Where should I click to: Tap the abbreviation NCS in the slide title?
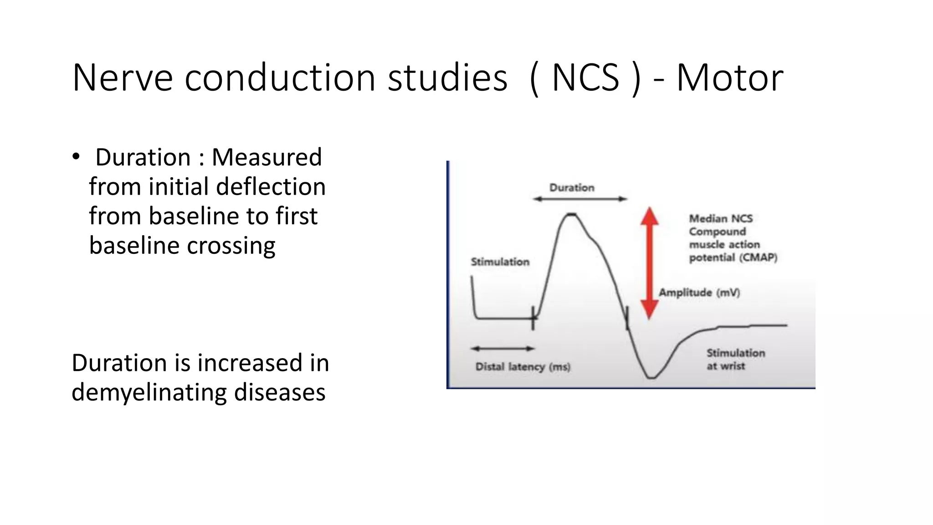(585, 78)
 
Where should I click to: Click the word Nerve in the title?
(122, 78)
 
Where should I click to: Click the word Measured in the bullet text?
(267, 157)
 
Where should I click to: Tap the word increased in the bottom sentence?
(250, 363)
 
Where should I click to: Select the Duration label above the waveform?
(572, 187)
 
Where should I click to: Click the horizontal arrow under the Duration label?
(580, 199)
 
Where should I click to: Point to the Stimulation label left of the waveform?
(500, 262)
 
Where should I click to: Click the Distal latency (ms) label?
(523, 367)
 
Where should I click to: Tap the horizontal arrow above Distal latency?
(502, 349)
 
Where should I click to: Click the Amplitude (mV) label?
(699, 293)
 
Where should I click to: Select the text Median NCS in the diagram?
(720, 218)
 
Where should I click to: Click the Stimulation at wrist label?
(734, 359)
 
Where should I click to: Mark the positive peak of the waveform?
(570, 214)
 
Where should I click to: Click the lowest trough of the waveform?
(651, 377)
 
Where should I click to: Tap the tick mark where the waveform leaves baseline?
(533, 318)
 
